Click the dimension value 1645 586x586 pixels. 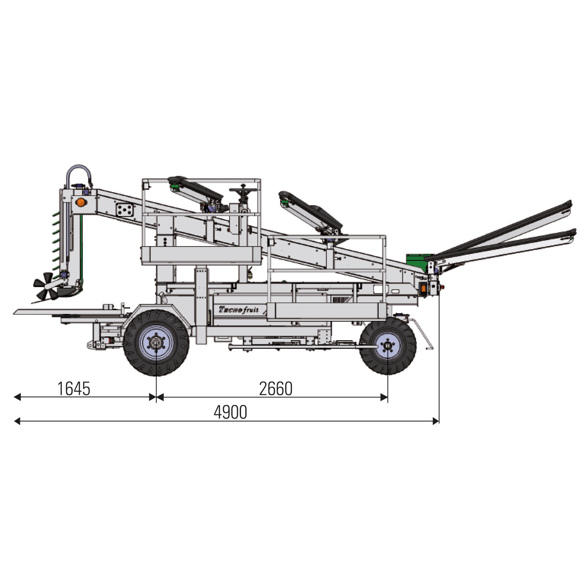74,389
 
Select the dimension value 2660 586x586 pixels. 276,389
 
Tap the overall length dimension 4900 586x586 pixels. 230,413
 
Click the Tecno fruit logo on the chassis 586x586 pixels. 239,309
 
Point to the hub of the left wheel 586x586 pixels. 156,343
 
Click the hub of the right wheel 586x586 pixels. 388,346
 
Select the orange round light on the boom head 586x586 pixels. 80,202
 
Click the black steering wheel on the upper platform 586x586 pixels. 243,190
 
